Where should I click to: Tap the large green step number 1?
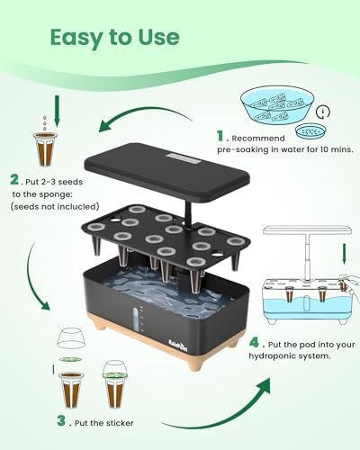tap(220, 136)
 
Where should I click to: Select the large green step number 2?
tap(14, 179)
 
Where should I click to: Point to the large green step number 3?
tap(61, 420)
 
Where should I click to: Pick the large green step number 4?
tap(255, 342)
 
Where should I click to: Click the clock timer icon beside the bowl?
tap(323, 112)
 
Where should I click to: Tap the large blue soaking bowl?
tap(277, 106)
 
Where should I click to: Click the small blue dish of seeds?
tap(310, 131)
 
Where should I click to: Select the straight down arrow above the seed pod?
tap(57, 111)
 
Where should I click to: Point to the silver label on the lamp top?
tap(184, 158)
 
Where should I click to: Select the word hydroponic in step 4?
tap(274, 356)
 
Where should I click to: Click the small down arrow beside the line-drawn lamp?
tap(345, 254)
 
